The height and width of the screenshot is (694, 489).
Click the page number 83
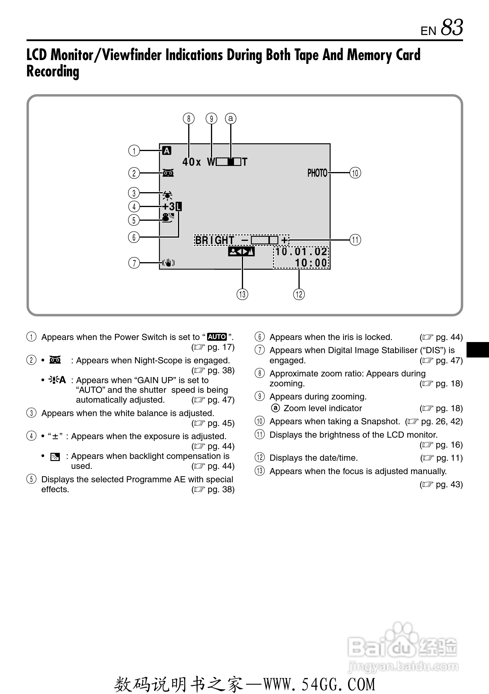[x=452, y=27]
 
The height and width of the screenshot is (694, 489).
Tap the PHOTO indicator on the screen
[x=317, y=173]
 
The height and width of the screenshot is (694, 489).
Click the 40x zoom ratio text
[x=191, y=162]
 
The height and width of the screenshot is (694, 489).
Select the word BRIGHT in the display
[x=215, y=240]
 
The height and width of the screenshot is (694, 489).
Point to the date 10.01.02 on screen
[x=301, y=251]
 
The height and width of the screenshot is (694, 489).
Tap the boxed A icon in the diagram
[x=167, y=150]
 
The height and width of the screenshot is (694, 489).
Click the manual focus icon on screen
[x=241, y=251]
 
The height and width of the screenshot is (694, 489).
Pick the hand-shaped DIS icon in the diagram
[x=168, y=263]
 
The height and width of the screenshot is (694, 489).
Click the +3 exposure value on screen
[x=169, y=207]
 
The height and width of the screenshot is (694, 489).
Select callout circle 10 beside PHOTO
[x=355, y=173]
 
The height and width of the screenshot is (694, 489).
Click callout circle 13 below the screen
[x=242, y=294]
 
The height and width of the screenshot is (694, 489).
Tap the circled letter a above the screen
[x=231, y=118]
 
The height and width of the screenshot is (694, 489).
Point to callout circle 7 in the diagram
[x=134, y=263]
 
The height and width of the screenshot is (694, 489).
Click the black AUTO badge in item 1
[x=217, y=337]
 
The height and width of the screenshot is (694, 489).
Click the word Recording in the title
[x=53, y=71]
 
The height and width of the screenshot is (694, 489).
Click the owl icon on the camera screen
[x=168, y=173]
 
